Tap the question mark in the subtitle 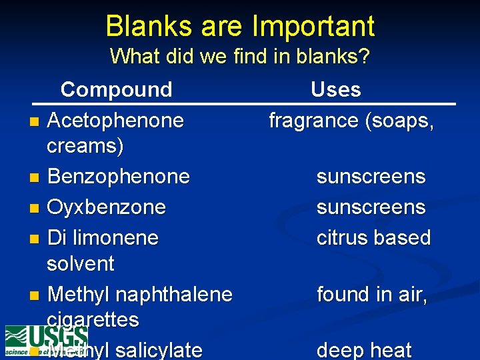[x=364, y=56]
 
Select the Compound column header [x=116, y=89]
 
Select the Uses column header [x=336, y=89]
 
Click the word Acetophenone [x=116, y=121]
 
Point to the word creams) [x=85, y=146]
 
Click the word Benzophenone [x=119, y=177]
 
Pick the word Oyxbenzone [x=107, y=207]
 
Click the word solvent [x=81, y=263]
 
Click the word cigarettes [x=93, y=319]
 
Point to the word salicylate [x=158, y=350]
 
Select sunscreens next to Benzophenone [x=371, y=177]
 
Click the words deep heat [x=364, y=350]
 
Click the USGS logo [x=45, y=340]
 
